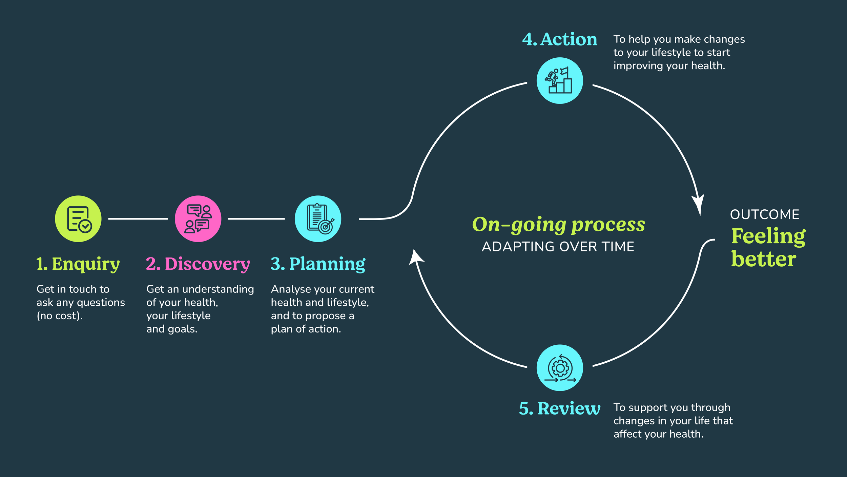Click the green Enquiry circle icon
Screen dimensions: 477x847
[78, 219]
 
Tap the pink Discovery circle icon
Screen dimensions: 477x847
[198, 219]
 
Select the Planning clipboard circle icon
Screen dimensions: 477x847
[318, 219]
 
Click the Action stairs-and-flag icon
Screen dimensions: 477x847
[560, 80]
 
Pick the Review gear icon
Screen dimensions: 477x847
[560, 368]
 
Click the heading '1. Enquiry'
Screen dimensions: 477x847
[78, 264]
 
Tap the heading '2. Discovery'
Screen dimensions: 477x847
[198, 264]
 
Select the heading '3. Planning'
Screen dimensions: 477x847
[318, 264]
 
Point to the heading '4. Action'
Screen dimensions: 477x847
[559, 39]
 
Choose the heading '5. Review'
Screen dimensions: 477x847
[559, 408]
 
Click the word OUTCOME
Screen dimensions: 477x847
[764, 214]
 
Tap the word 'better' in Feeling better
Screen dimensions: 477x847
[763, 259]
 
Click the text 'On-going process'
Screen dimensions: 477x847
[558, 225]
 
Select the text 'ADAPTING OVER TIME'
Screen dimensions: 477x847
[558, 247]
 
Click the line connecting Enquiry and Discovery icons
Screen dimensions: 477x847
[138, 219]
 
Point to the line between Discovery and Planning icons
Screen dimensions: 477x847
[256, 219]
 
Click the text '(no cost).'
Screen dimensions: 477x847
[60, 316]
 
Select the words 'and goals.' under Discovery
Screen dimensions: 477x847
[172, 329]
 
